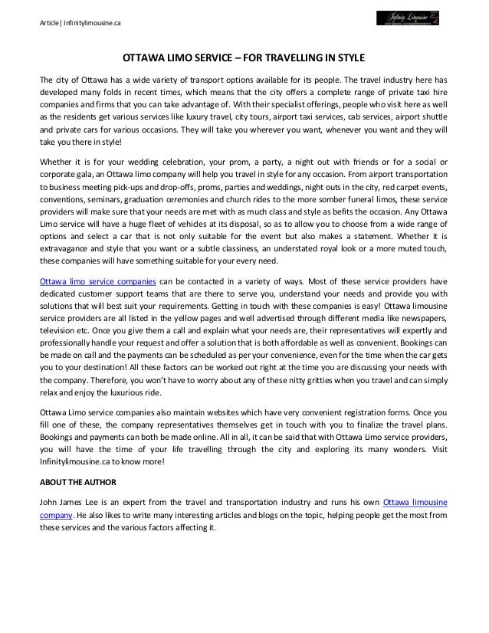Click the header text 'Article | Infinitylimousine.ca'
pos(80,24)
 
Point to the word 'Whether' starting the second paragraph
pos(55,162)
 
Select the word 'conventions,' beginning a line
pos(62,192)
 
